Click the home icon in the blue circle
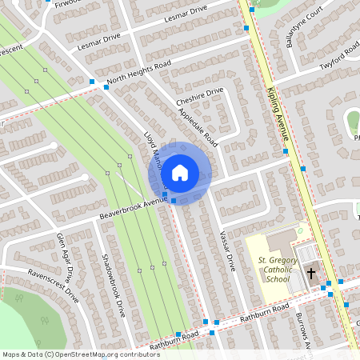(x=179, y=172)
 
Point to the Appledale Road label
(x=199, y=127)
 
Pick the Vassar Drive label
(x=227, y=250)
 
